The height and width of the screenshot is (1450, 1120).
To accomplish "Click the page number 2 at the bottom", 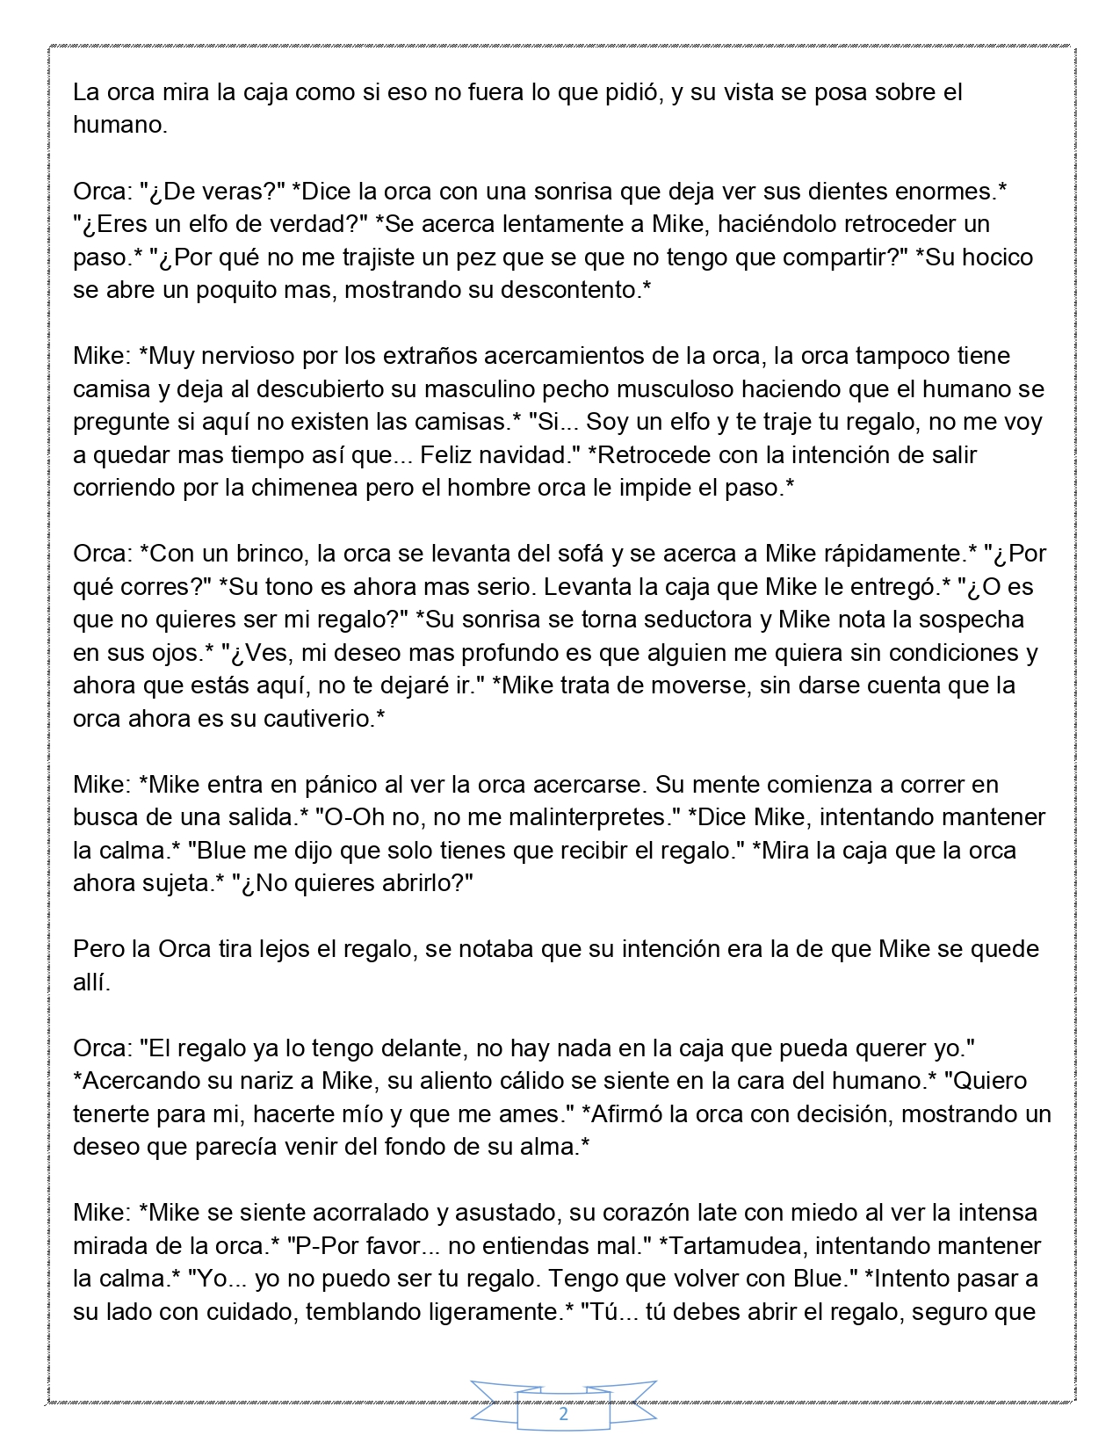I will click(563, 1415).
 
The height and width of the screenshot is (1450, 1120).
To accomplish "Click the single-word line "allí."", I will click(92, 982).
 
